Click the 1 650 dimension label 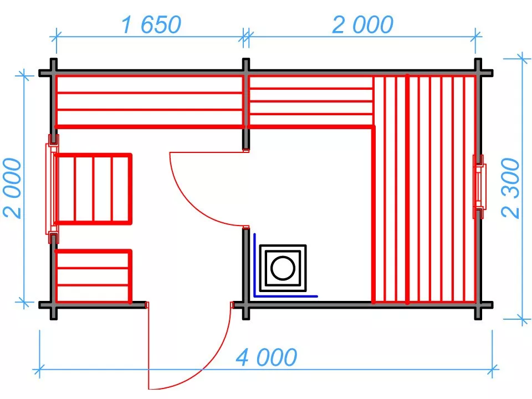(x=151, y=25)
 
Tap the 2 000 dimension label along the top (x=362, y=25)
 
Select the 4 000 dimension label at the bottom (x=267, y=357)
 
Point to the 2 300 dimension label (x=510, y=188)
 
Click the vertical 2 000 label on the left (x=12, y=188)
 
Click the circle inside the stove (x=283, y=268)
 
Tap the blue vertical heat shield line (x=254, y=265)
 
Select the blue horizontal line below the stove (x=286, y=296)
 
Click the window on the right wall (x=479, y=187)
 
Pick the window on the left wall (x=52, y=189)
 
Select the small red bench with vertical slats (x=93, y=188)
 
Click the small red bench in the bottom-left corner (x=93, y=276)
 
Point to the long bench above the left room (x=150, y=101)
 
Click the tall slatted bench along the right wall (x=424, y=189)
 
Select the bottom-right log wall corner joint (x=478, y=305)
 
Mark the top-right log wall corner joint (x=478, y=73)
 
